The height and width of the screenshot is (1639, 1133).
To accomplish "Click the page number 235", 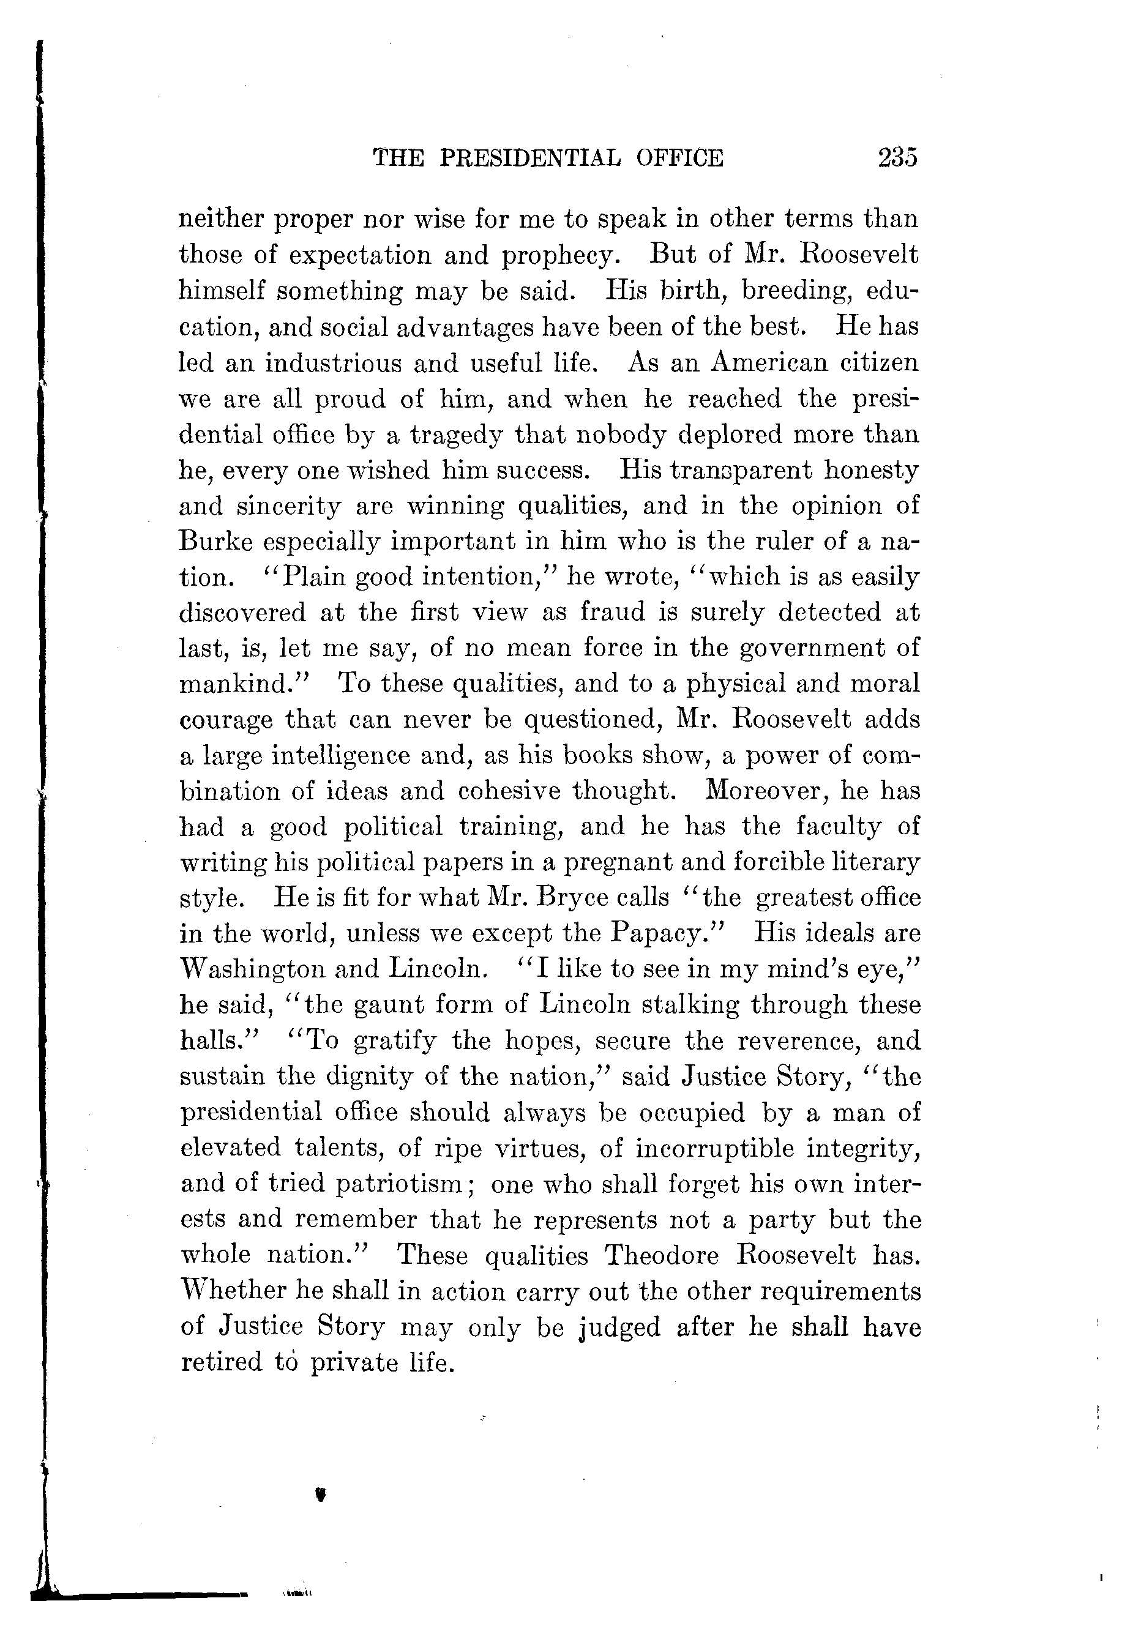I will point(897,156).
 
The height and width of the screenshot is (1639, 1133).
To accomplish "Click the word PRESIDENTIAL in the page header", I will point(529,157).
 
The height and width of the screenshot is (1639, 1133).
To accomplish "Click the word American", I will point(769,363).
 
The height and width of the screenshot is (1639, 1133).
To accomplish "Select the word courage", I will point(226,720).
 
